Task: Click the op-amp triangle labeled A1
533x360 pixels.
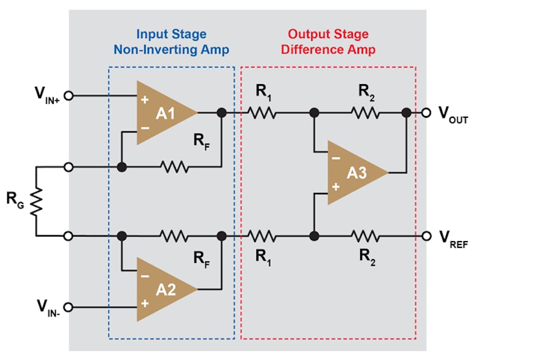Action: tap(163, 113)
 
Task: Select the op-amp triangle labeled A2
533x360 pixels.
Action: tap(163, 289)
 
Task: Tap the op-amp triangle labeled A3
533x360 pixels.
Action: tap(353, 173)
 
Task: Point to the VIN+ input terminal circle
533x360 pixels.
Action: tap(69, 96)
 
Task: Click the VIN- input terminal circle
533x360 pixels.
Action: tap(69, 307)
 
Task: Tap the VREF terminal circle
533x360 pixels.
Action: tap(426, 236)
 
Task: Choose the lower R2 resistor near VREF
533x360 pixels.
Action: tap(366, 236)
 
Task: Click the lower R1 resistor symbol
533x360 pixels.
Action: tap(262, 236)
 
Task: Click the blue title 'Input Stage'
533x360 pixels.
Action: tap(171, 34)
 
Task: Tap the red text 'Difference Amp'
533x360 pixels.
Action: tap(328, 49)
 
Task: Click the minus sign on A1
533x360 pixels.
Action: tap(145, 128)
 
